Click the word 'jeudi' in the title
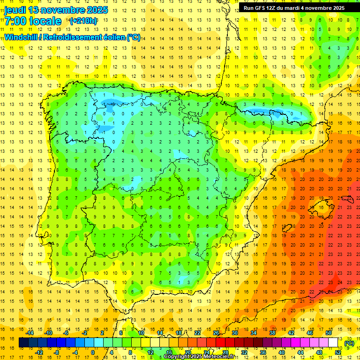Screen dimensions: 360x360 click(x=15, y=10)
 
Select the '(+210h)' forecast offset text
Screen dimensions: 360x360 click(x=83, y=21)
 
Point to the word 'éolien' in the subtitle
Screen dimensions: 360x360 click(x=112, y=37)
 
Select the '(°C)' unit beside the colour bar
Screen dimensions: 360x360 click(x=349, y=343)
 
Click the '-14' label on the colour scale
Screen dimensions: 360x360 click(x=30, y=333)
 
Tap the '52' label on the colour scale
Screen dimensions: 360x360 click(x=338, y=352)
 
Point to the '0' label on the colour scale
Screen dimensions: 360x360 click(x=92, y=352)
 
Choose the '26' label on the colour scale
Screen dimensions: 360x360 click(x=216, y=333)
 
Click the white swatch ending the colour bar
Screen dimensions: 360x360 click(x=333, y=343)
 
